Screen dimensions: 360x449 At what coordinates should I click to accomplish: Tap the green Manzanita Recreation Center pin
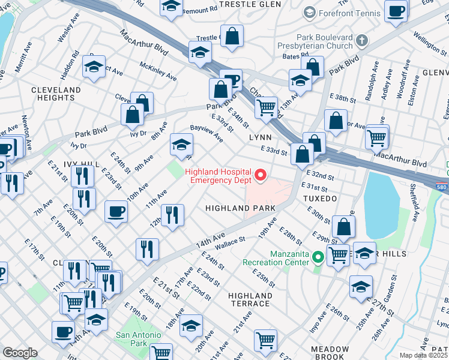318,258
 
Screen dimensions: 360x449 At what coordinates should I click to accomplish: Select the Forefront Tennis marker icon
310,12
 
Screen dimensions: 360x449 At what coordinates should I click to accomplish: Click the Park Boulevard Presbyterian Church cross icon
361,41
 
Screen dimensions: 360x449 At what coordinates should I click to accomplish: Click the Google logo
20,353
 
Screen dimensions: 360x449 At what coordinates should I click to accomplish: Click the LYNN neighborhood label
261,137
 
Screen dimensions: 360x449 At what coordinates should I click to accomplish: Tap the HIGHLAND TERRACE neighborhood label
250,299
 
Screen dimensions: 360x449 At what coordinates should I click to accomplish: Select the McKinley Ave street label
158,71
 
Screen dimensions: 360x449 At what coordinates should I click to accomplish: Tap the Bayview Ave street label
206,134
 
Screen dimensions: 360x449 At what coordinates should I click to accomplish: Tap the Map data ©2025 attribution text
424,355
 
